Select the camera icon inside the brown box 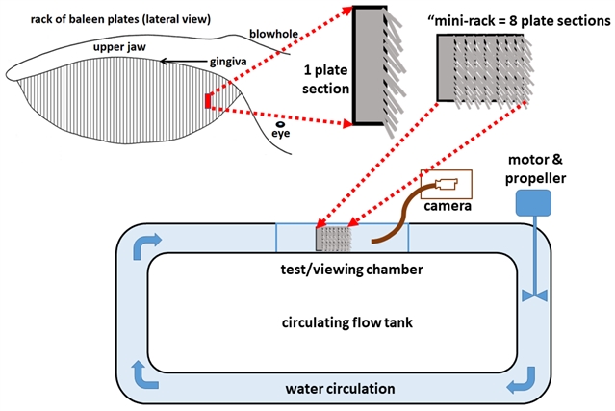(447, 184)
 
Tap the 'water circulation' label (341, 389)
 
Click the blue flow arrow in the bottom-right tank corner (520, 385)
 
